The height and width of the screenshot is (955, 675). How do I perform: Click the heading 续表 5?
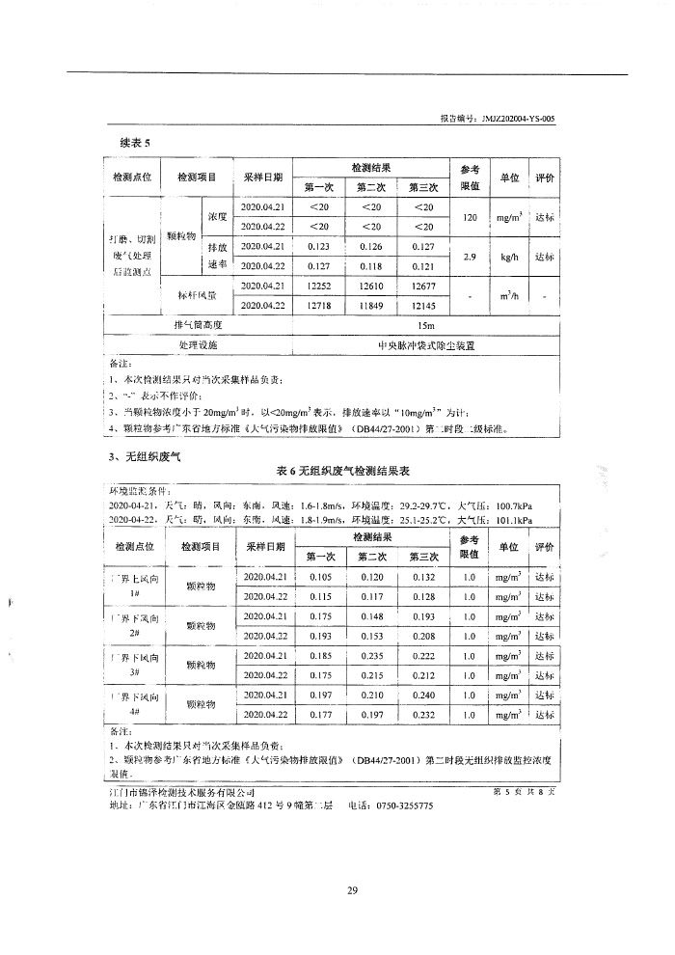click(122, 143)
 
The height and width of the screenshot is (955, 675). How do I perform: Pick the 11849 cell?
click(371, 305)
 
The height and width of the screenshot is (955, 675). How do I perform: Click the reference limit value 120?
click(471, 217)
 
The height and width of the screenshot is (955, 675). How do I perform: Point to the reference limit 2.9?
click(471, 257)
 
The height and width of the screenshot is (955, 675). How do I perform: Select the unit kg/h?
click(508, 257)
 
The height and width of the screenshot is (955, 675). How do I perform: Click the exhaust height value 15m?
click(424, 325)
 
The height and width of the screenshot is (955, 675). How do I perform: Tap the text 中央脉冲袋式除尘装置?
click(424, 344)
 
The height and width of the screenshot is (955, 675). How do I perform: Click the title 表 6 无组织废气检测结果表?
click(337, 471)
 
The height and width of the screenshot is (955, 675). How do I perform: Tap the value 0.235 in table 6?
click(371, 656)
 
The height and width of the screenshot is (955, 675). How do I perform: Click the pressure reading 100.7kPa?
click(511, 505)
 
